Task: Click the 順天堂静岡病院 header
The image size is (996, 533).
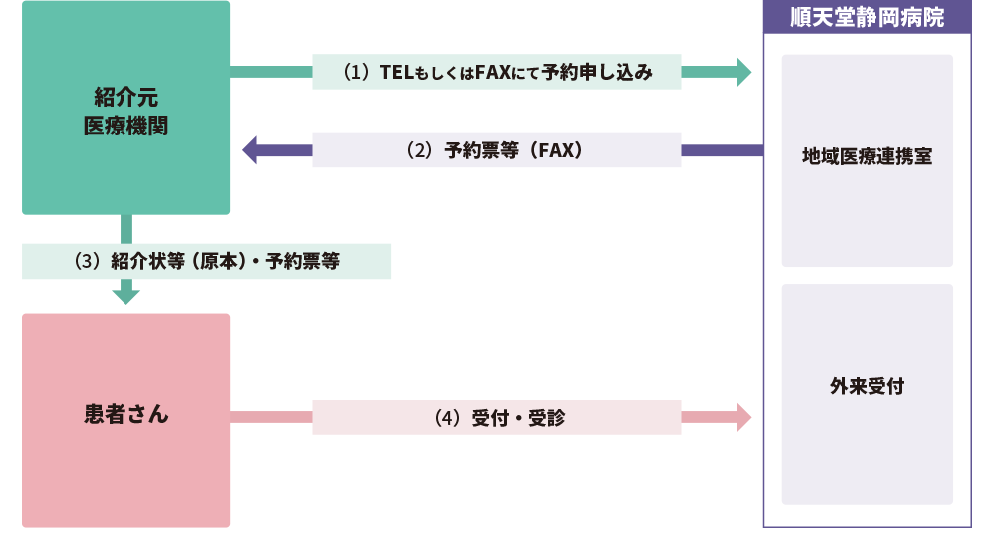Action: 867,18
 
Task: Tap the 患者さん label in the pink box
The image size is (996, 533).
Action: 125,414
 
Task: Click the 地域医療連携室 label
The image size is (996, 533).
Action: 867,156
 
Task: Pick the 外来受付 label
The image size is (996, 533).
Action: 867,386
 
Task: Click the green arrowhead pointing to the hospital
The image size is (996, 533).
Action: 742,72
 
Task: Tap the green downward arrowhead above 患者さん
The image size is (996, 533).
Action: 125,294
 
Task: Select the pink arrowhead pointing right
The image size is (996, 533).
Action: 742,417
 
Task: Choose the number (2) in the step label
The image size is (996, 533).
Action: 420,151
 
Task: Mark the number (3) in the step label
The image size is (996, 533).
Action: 89,262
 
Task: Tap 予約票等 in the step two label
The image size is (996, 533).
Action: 480,151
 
